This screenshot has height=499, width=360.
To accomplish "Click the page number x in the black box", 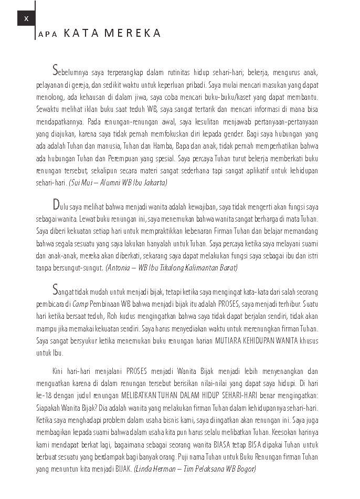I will click(26, 18).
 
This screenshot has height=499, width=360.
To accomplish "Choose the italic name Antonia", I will click(120, 268).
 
